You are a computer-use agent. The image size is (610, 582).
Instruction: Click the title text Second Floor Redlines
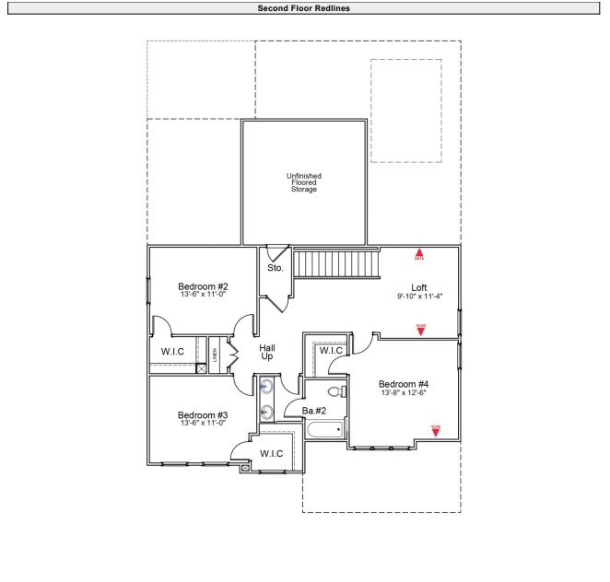[x=304, y=8]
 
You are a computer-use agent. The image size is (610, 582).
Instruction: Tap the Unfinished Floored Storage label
[x=303, y=182]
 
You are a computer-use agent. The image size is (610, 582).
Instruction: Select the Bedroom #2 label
[x=203, y=286]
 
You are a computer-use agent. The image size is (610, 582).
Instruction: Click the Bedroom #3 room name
[x=203, y=414]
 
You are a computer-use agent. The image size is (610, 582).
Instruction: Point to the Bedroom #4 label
[x=404, y=384]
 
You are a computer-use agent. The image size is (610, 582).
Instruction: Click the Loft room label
[x=418, y=287]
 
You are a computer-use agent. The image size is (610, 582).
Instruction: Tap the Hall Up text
[x=267, y=352]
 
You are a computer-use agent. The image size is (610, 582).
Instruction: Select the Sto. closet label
[x=275, y=268]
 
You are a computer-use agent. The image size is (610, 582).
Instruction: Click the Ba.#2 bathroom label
[x=314, y=410]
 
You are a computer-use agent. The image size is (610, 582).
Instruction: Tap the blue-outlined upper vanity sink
[x=266, y=387]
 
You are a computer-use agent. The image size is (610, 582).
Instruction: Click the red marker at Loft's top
[x=418, y=253]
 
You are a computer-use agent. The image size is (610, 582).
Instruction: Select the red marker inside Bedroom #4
[x=436, y=428]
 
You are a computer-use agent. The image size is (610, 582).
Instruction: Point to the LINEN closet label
[x=214, y=355]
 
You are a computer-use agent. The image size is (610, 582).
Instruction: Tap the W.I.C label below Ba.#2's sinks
[x=271, y=453]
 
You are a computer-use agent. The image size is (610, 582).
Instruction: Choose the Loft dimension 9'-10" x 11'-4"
[x=418, y=297]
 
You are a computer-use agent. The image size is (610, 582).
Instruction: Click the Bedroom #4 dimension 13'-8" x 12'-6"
[x=404, y=393]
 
